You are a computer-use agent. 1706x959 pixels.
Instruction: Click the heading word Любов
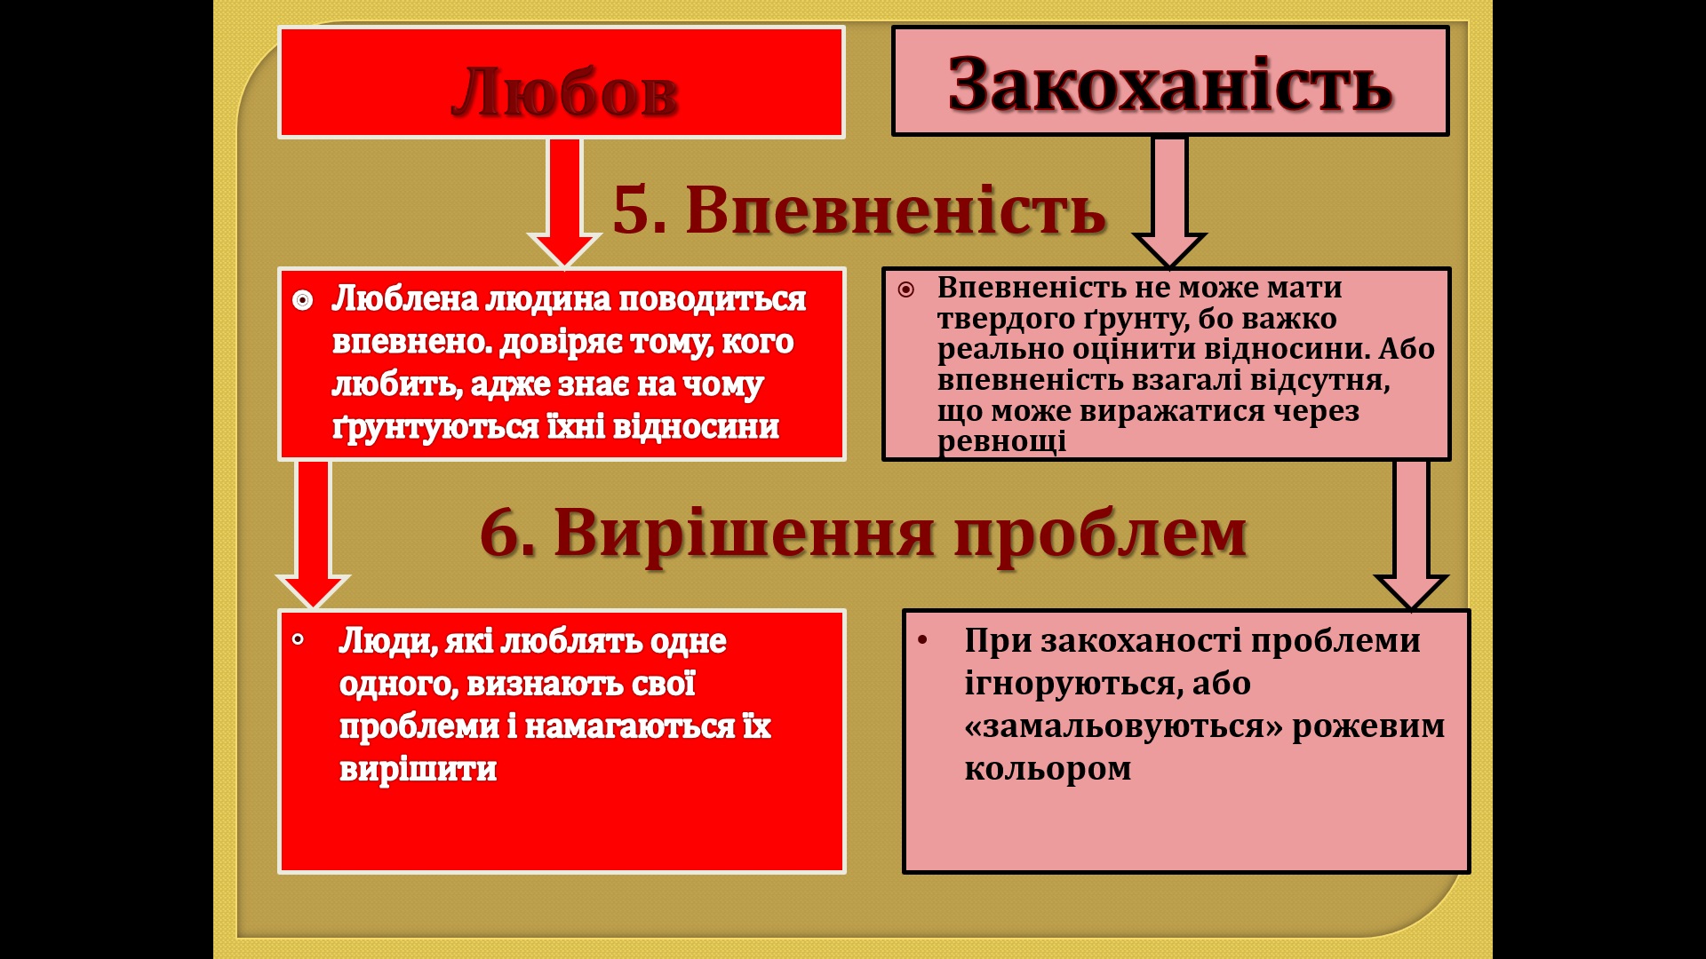(564, 91)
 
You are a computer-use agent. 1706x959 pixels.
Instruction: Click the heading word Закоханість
(1170, 85)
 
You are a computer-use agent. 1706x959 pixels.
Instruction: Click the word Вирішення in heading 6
(745, 534)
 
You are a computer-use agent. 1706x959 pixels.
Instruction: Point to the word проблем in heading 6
(1101, 535)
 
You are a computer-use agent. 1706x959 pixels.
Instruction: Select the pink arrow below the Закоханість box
(1169, 202)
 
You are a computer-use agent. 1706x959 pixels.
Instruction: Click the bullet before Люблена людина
(302, 301)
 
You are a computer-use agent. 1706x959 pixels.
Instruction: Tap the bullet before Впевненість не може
(905, 289)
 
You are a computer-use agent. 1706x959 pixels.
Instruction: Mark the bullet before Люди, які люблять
(299, 639)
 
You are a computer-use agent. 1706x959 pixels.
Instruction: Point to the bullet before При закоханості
(922, 639)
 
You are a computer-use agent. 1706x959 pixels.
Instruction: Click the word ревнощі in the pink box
(1001, 442)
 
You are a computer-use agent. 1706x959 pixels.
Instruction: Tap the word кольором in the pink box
(1048, 769)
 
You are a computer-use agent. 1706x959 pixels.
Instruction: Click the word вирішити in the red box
(418, 769)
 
